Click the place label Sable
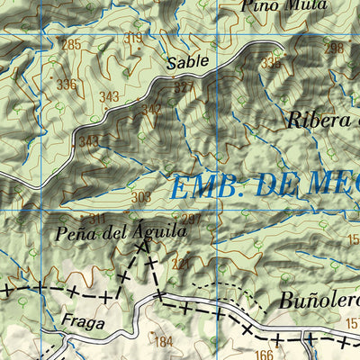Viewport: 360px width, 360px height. click(x=187, y=63)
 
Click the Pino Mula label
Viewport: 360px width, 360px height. click(x=270, y=4)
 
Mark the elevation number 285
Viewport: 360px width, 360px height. click(x=71, y=45)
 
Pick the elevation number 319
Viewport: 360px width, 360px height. click(x=134, y=38)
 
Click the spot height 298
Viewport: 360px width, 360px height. click(x=335, y=49)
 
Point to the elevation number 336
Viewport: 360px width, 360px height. click(x=67, y=85)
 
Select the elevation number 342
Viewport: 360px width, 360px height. click(x=151, y=110)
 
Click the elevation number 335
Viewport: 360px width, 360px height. click(x=270, y=63)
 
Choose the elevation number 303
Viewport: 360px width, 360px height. click(x=140, y=197)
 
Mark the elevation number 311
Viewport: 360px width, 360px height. click(x=97, y=219)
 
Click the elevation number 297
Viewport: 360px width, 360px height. click(x=190, y=220)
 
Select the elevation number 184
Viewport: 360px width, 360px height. click(x=163, y=341)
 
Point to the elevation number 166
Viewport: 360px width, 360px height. click(x=263, y=354)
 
